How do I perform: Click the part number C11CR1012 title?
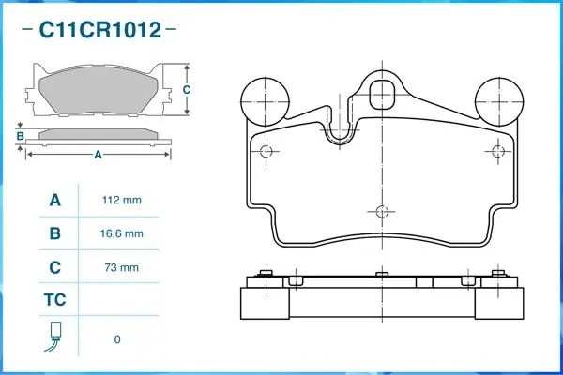[x=99, y=30]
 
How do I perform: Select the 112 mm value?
[x=121, y=201]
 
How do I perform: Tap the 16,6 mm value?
[x=121, y=233]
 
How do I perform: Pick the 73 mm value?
[x=121, y=267]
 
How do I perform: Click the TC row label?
[x=54, y=301]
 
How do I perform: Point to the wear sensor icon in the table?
[x=54, y=337]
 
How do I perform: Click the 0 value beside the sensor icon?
[x=117, y=339]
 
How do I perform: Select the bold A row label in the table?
[x=54, y=201]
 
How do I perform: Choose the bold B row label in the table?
[x=54, y=233]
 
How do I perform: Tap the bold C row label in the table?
[x=54, y=267]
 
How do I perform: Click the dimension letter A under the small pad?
[x=98, y=156]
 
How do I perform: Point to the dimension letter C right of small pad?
[x=187, y=90]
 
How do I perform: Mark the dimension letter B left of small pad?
[x=20, y=135]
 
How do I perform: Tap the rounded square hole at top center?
[x=383, y=94]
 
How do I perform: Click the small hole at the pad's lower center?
[x=381, y=211]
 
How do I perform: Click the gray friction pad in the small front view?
[x=98, y=94]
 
